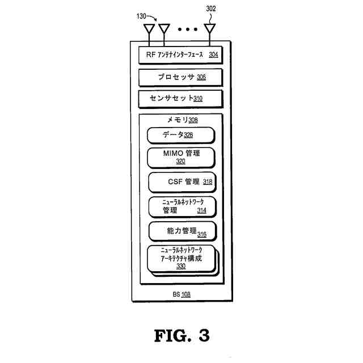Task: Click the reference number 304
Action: pos(213,55)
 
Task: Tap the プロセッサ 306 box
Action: pos(181,77)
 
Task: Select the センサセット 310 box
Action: pos(181,98)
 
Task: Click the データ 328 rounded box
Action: pos(181,135)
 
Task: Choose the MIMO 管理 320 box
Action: pos(181,157)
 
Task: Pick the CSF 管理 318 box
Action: pos(182,182)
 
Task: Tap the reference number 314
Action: pos(201,210)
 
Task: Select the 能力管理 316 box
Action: pos(182,231)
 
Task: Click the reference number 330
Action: pos(181,265)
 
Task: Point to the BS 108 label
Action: pos(181,294)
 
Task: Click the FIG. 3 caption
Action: pos(181,335)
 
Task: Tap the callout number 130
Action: pos(141,16)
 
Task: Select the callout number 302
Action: pos(210,9)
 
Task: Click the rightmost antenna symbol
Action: pos(210,29)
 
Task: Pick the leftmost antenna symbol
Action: pos(149,29)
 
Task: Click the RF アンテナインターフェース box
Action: pos(181,55)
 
